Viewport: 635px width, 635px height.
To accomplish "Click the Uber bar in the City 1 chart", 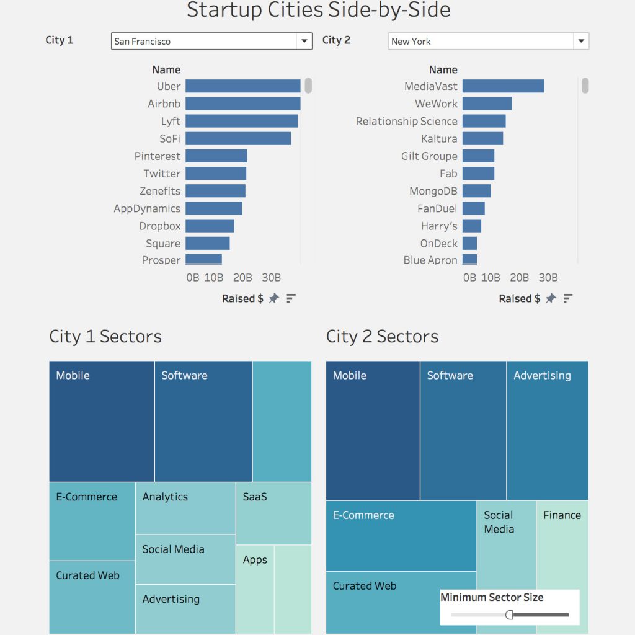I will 242,86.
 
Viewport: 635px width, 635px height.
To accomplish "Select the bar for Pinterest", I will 216,156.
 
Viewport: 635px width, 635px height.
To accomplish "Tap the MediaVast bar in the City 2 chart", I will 503,86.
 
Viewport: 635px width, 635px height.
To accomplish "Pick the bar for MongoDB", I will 476,191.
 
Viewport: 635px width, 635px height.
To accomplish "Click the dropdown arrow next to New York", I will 580,42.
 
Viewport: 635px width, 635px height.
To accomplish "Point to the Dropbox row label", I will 160,226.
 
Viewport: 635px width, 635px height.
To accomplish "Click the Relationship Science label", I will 406,122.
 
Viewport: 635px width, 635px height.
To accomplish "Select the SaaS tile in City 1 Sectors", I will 273,513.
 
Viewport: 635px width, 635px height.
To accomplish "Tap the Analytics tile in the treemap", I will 185,508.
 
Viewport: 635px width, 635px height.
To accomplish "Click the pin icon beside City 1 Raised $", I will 273,299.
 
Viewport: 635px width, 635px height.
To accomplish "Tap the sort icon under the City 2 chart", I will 567,299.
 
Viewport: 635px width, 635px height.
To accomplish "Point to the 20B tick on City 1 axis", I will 242,278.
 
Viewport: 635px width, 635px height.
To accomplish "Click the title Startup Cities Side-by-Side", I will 318,11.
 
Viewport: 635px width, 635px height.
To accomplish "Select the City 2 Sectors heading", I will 382,337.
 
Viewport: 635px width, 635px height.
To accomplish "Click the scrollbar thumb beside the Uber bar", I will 308,86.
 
